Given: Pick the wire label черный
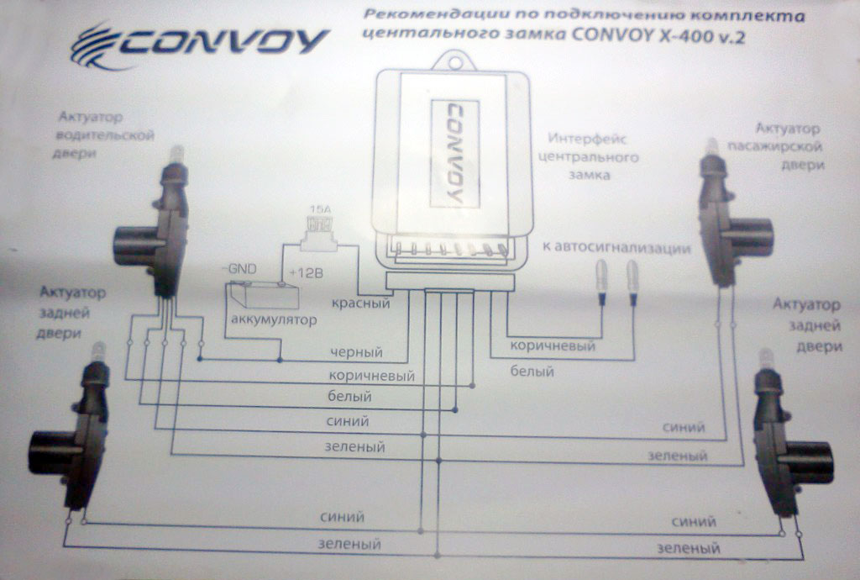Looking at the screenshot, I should click(356, 352).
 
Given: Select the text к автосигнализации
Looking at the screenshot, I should click(616, 249).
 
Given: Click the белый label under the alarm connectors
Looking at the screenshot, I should click(531, 370).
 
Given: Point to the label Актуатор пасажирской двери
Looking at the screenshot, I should click(785, 146).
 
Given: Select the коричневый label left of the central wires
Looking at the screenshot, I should click(371, 375).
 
